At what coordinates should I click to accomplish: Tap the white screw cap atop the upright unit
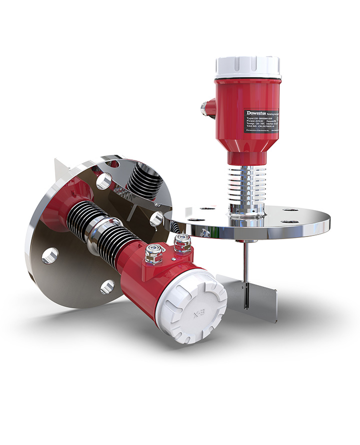[247, 67]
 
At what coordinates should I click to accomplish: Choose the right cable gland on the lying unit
[179, 244]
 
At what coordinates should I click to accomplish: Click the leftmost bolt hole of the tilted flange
[49, 256]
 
